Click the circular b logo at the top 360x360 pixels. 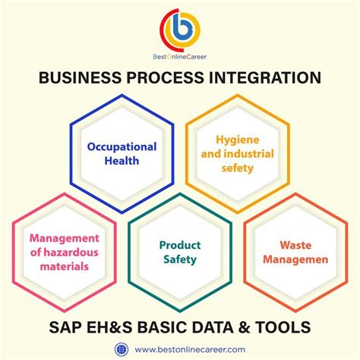[x=179, y=30]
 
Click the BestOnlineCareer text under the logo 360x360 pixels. [x=179, y=57]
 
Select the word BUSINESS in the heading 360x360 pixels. [x=80, y=77]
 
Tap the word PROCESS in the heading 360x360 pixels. [x=165, y=77]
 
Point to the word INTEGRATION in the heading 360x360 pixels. [x=265, y=77]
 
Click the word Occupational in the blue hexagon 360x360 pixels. [x=122, y=147]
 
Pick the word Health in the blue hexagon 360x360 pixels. [x=122, y=161]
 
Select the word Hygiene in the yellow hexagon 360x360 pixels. [x=238, y=141]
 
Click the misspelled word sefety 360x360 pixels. [x=238, y=168]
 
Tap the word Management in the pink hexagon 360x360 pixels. [x=65, y=238]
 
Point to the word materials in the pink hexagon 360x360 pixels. [x=65, y=267]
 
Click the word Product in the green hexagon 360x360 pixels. [x=180, y=245]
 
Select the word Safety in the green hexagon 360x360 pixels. [x=180, y=260]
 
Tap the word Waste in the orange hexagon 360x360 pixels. [x=295, y=245]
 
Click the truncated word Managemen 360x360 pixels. [x=295, y=260]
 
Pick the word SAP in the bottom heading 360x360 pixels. [x=65, y=327]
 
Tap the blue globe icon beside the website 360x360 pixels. [x=122, y=349]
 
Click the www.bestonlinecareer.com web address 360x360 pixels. [x=190, y=349]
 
